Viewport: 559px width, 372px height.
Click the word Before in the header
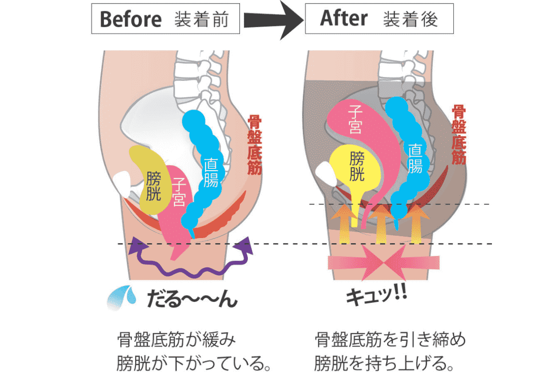131,19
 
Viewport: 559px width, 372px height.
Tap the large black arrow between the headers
274,20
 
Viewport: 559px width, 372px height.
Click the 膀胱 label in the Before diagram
153,186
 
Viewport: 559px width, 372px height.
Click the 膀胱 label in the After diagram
357,166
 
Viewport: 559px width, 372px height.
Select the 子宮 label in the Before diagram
179,192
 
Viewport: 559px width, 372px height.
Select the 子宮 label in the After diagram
355,120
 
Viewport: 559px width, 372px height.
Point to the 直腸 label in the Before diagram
211,173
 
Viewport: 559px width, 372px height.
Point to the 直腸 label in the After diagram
415,159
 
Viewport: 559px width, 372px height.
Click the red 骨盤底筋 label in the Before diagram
254,145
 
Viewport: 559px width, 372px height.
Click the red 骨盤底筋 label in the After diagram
459,134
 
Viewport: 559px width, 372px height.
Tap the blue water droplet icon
122,298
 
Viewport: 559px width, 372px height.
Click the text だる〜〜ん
192,299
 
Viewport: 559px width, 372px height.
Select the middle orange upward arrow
382,224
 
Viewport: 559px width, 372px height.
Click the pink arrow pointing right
356,263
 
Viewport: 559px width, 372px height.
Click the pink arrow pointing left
412,263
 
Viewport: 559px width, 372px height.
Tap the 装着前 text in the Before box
201,19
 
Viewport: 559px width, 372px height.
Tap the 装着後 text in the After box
410,19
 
